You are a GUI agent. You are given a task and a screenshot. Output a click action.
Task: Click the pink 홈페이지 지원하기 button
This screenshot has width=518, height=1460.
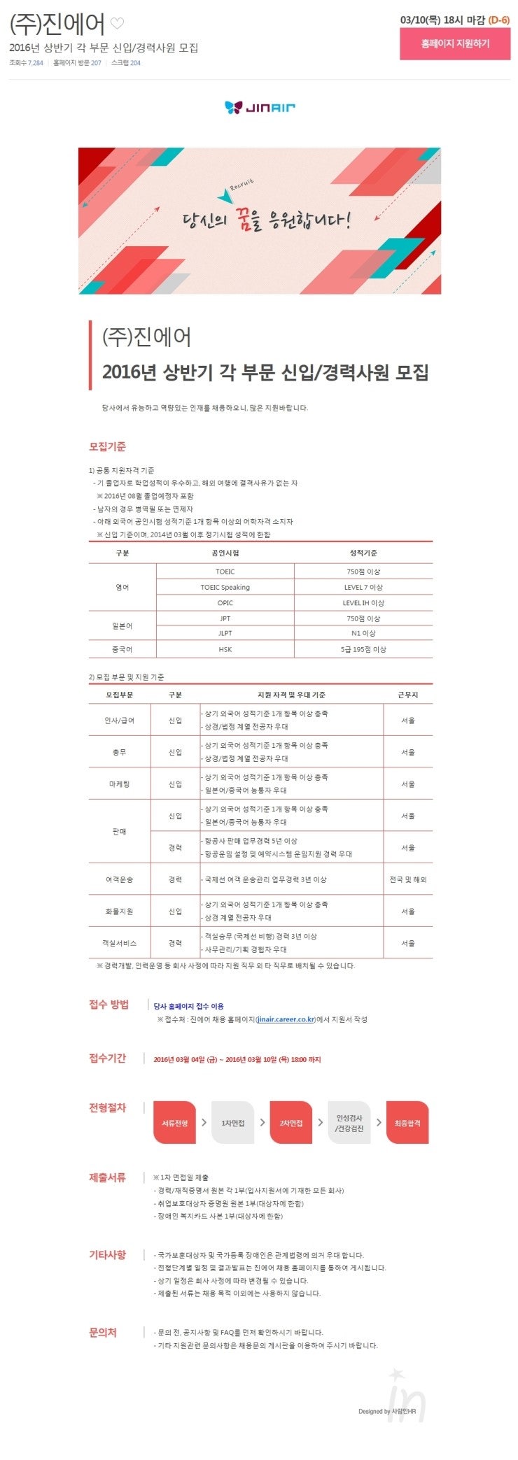(455, 44)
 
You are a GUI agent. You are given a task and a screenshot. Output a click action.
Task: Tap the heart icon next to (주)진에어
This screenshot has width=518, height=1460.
(118, 24)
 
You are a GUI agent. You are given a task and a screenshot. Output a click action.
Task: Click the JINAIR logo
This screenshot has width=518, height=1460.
(260, 107)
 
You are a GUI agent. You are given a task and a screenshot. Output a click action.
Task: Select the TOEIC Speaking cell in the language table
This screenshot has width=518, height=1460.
(225, 588)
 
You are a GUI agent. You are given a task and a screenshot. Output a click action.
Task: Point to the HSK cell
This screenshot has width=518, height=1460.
(225, 650)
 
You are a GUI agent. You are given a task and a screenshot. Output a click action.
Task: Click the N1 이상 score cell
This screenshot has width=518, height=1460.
(363, 634)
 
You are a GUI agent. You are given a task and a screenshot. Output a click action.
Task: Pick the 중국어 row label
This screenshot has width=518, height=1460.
(122, 650)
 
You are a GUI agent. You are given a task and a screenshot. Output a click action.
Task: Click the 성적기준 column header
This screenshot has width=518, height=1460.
(363, 553)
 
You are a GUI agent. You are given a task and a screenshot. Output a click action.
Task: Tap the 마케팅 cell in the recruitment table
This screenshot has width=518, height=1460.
(120, 784)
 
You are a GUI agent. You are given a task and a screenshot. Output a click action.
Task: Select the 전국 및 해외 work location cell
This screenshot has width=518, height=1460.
(408, 880)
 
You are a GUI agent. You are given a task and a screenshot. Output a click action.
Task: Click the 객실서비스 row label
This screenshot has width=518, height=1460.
(120, 944)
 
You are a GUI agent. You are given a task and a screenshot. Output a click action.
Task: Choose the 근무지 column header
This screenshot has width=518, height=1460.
(408, 695)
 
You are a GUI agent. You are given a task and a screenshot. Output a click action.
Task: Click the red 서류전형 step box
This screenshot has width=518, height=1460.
(175, 1123)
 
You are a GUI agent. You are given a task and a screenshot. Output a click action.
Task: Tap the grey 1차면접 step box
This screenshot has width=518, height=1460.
(232, 1123)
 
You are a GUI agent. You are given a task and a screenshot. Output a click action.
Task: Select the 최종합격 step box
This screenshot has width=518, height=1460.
(407, 1123)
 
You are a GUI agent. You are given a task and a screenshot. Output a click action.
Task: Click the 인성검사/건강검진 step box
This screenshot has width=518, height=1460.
(349, 1123)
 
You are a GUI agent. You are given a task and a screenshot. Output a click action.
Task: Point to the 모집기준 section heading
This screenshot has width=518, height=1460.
(107, 447)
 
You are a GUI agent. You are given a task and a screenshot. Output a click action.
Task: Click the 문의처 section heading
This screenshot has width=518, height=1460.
(103, 1333)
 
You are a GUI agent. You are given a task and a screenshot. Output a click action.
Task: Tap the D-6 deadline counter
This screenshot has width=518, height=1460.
(499, 20)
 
